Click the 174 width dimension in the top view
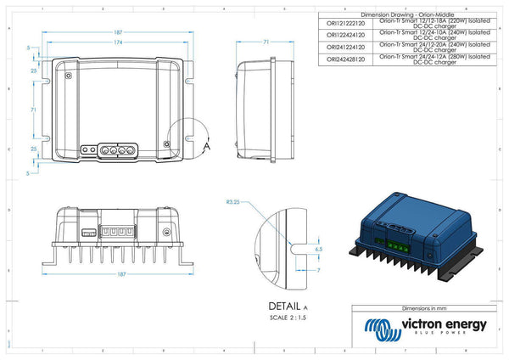[118, 42]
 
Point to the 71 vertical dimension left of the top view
[33, 110]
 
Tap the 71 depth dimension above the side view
[266, 42]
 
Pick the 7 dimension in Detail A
[317, 269]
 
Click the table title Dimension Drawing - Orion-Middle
[404, 15]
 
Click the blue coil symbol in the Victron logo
[379, 328]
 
